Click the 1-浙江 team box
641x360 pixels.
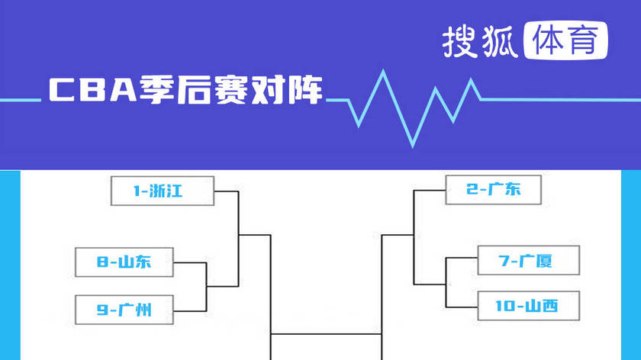click(163, 191)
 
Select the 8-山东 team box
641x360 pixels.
click(124, 262)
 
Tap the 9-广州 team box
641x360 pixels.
click(124, 310)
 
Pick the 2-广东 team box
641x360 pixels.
click(494, 190)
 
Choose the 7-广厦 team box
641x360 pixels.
click(526, 261)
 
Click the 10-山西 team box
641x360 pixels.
click(526, 307)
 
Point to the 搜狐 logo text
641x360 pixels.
click(480, 42)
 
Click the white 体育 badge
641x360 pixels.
click(567, 41)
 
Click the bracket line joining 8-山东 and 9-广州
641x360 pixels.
click(208, 286)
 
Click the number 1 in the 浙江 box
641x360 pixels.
click(137, 191)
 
